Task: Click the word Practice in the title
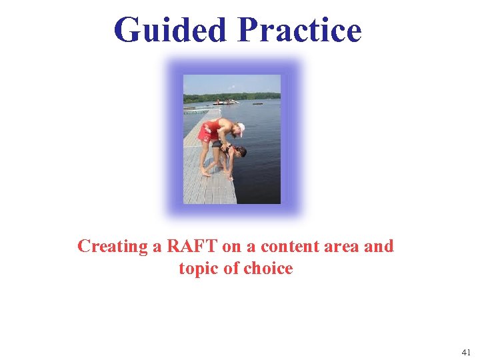click(x=299, y=30)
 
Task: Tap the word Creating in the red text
click(x=112, y=247)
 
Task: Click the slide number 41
click(x=465, y=351)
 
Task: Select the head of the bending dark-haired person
click(x=239, y=153)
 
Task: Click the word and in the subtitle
click(x=379, y=246)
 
